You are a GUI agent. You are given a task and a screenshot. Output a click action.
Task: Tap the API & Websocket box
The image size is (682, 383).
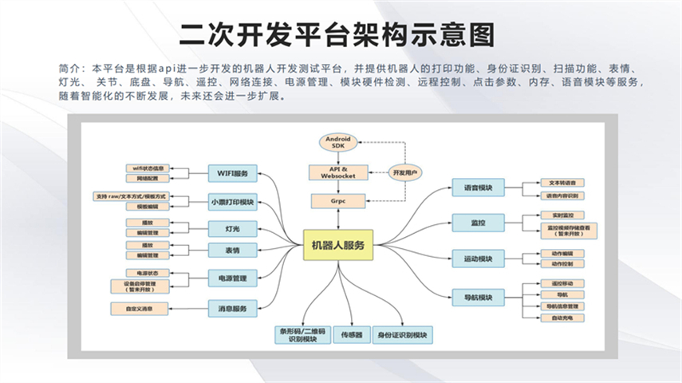click(338, 172)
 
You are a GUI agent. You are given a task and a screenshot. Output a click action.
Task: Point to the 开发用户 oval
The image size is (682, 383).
click(405, 172)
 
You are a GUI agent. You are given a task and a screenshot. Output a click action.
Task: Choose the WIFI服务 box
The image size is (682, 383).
click(233, 173)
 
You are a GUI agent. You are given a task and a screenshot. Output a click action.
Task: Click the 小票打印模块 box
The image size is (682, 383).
click(233, 202)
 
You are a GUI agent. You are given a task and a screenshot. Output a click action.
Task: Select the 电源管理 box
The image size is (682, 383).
click(233, 279)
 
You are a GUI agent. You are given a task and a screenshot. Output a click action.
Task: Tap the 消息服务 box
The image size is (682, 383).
click(233, 308)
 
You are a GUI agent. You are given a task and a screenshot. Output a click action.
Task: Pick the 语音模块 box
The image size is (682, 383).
click(478, 189)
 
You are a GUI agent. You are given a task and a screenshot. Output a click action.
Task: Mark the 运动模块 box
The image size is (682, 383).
click(478, 259)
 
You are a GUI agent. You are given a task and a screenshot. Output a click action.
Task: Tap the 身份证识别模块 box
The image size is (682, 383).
click(403, 335)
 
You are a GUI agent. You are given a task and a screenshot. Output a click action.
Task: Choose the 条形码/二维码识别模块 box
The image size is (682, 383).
click(299, 335)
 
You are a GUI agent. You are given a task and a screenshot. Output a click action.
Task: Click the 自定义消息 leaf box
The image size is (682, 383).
click(140, 308)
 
